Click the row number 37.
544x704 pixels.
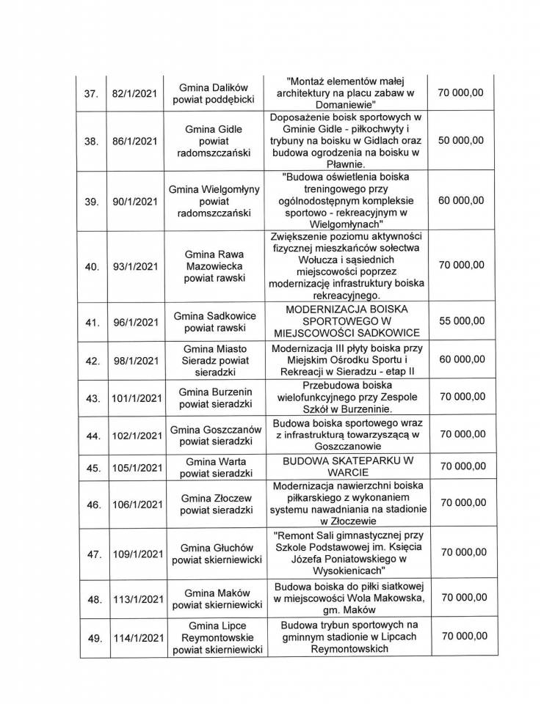[92, 93]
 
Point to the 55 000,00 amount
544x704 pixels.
[460, 320]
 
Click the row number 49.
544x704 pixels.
[92, 638]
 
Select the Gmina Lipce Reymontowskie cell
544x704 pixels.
[215, 638]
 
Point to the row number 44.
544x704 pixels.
[92, 435]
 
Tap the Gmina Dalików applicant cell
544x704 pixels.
[215, 93]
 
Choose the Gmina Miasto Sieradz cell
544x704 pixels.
[215, 359]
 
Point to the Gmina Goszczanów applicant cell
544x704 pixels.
[215, 435]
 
